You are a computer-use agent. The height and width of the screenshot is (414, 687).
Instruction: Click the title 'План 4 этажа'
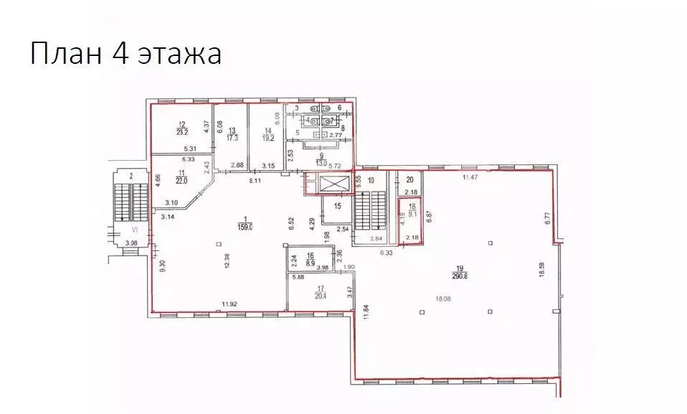coord(125,55)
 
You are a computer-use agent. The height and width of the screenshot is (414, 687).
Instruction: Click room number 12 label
coord(181,124)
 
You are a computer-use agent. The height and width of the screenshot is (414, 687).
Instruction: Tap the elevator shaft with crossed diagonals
coord(328,184)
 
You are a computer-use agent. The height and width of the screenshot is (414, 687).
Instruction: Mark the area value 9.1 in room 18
coord(412,212)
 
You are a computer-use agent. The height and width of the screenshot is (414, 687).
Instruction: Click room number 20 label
coord(410,180)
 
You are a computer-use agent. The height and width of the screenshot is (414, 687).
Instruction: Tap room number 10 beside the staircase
coord(371,180)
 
